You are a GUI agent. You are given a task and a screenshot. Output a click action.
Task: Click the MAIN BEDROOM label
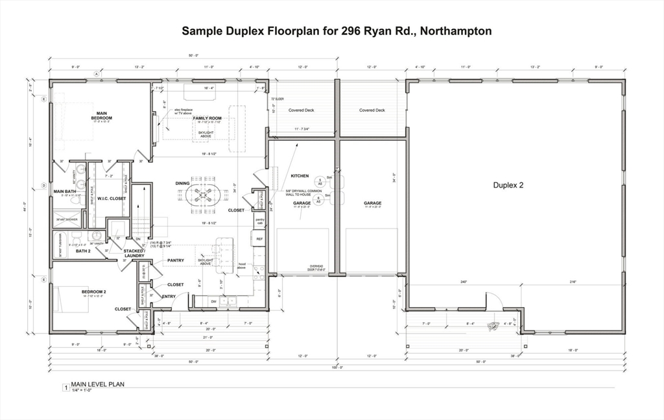[101, 115]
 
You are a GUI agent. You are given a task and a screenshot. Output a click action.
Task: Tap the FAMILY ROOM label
[207, 118]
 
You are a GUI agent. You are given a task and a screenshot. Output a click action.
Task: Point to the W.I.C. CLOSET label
[111, 199]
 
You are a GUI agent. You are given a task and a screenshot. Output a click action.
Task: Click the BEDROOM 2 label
[94, 291]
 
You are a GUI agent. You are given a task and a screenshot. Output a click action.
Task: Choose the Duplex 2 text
[508, 185]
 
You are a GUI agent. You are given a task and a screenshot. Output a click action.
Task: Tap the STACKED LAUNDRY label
[134, 253]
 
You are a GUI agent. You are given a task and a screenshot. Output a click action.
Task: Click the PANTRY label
[176, 260]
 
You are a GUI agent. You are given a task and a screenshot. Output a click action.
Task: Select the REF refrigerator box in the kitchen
[259, 239]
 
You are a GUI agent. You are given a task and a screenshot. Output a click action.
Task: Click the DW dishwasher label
[214, 301]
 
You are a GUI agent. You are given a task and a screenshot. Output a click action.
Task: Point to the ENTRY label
[169, 297]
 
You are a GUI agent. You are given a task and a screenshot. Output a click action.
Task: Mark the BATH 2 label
[83, 251]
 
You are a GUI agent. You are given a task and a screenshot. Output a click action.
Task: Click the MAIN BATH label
[65, 191]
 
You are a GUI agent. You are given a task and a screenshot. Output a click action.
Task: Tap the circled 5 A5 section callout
[319, 182]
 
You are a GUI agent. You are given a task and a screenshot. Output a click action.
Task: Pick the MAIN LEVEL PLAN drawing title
[97, 384]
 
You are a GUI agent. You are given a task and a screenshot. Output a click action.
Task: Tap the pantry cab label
[260, 221]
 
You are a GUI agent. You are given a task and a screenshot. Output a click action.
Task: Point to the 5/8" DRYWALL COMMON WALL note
[298, 192]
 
